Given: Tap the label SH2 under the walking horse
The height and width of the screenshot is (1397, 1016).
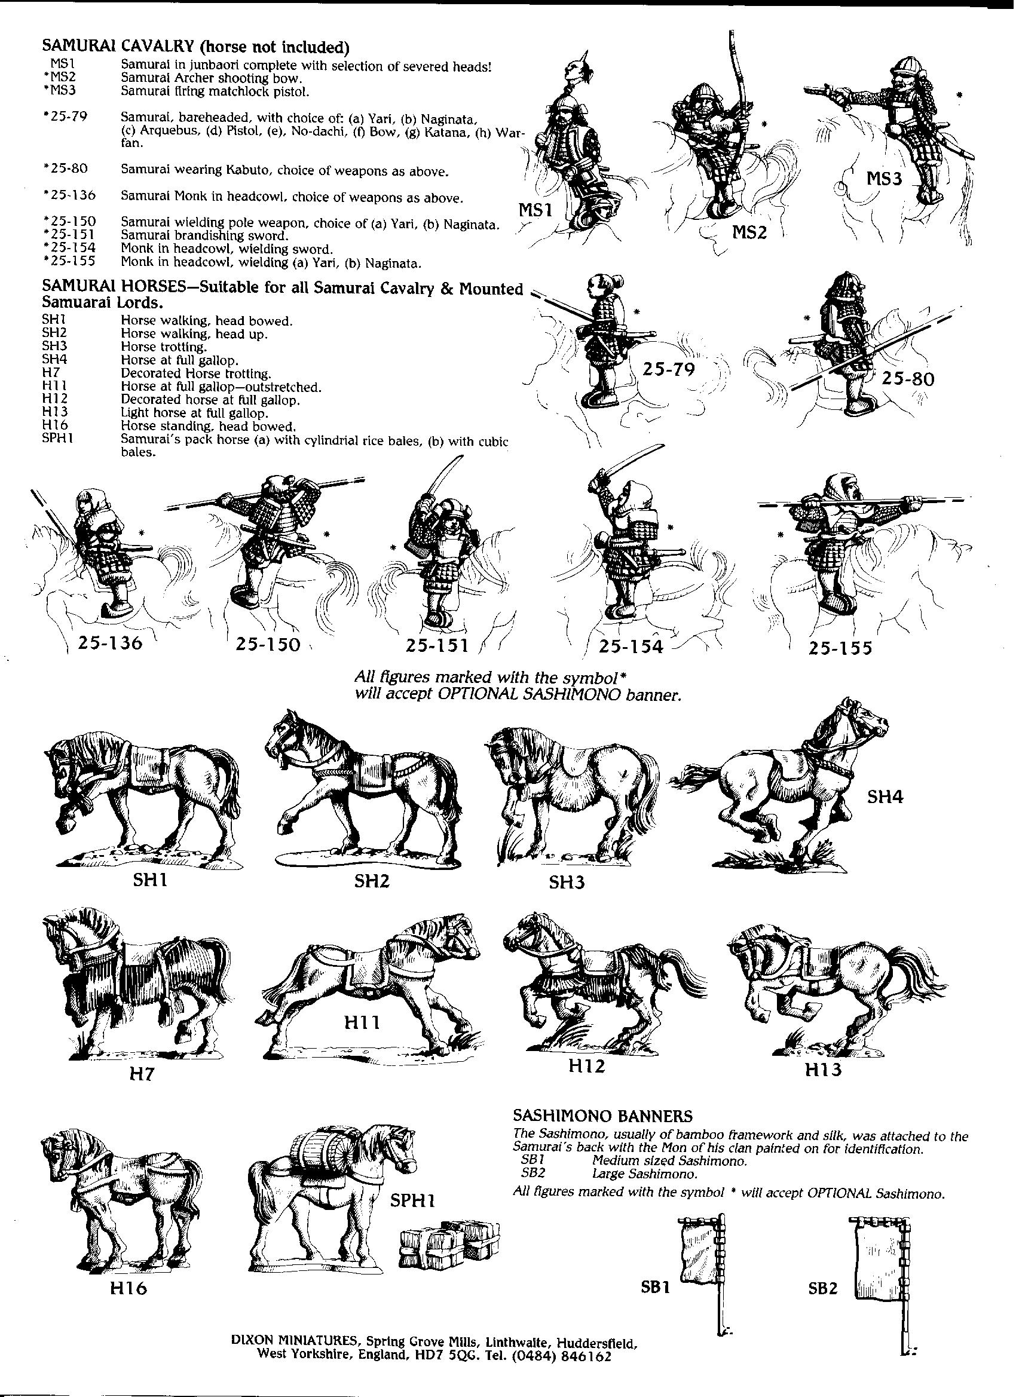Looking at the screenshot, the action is [x=372, y=881].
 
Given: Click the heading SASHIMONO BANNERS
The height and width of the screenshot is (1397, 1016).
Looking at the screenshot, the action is [x=602, y=1116].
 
